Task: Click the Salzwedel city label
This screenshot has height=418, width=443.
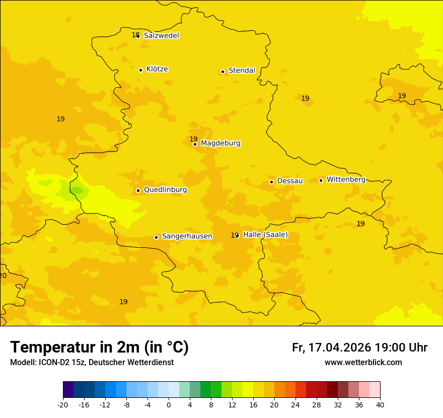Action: click(x=161, y=36)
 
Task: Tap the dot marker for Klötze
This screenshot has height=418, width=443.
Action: click(x=140, y=70)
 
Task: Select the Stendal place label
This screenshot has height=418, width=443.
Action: click(x=242, y=71)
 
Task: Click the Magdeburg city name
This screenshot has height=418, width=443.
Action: click(x=220, y=144)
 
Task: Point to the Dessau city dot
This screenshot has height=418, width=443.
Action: click(x=271, y=182)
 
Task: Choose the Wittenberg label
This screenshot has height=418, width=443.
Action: click(x=346, y=180)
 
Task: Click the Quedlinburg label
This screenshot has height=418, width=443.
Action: click(x=165, y=190)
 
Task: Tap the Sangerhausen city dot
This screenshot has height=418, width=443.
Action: click(x=156, y=237)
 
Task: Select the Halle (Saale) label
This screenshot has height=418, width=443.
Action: click(x=265, y=235)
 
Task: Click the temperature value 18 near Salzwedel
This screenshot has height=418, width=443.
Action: click(x=135, y=35)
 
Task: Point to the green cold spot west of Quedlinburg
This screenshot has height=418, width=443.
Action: click(x=77, y=190)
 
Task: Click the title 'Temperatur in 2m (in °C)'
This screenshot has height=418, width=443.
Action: click(x=99, y=347)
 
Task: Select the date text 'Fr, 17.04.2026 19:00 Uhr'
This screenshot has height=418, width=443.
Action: click(x=359, y=348)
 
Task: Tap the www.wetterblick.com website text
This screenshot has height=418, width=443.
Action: click(x=363, y=363)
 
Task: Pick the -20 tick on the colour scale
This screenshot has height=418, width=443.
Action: click(x=63, y=405)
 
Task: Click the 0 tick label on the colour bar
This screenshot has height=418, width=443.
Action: click(x=169, y=405)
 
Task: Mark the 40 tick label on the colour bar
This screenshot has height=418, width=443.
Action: click(x=380, y=405)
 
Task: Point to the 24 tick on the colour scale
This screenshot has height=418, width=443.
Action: click(x=296, y=405)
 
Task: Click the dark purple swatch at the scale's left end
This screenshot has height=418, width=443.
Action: click(x=68, y=390)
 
